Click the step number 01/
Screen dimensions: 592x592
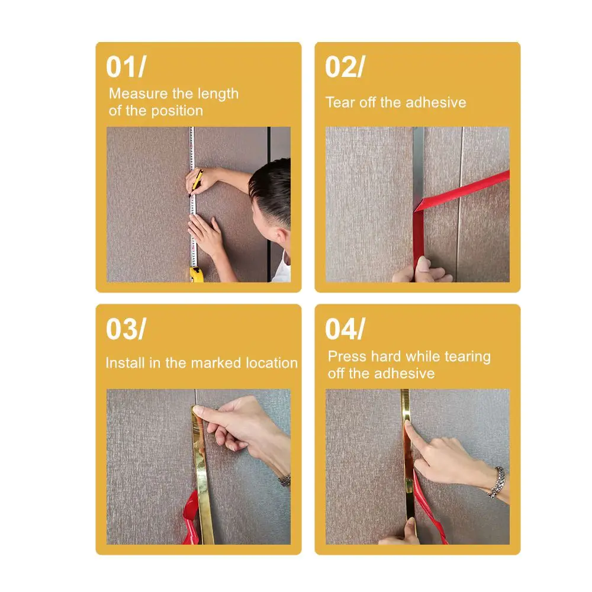(126, 67)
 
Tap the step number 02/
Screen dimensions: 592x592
(345, 67)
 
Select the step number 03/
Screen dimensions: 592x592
(126, 329)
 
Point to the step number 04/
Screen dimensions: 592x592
(345, 329)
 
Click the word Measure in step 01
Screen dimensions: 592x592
(138, 94)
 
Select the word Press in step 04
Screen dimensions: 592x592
(346, 356)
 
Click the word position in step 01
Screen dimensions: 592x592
(177, 111)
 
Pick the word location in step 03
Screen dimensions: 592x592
(272, 363)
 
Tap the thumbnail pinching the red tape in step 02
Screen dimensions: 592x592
(423, 264)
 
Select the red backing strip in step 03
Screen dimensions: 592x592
(191, 518)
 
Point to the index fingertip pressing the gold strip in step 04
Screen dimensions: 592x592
(408, 424)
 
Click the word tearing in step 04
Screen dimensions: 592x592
(468, 357)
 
